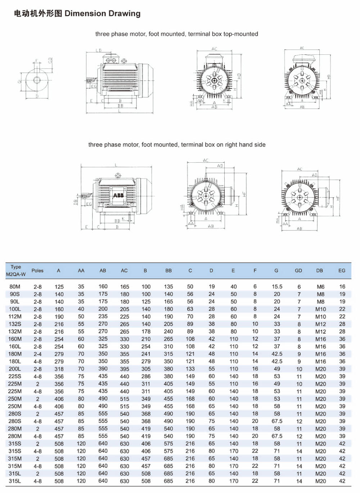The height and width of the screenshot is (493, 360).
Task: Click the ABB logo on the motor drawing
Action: click(118, 196)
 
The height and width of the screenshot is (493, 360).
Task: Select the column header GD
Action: click(298, 270)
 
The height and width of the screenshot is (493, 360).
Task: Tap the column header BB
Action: click(168, 270)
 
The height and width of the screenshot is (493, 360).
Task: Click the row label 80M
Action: click(15, 287)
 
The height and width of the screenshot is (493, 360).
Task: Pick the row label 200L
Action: click(15, 369)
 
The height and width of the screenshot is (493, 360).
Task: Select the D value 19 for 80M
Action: click(212, 287)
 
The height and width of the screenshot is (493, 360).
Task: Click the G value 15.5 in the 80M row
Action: click(277, 287)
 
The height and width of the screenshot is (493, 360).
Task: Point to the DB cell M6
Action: click(320, 287)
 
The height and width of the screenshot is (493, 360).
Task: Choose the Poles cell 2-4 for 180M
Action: click(37, 354)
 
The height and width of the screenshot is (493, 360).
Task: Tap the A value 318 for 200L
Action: click(59, 369)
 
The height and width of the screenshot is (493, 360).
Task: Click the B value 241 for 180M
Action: click(146, 354)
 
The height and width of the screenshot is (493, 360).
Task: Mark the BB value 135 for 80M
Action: click(168, 287)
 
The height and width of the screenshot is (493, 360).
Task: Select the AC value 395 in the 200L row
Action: click(125, 369)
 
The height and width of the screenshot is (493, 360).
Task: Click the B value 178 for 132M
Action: click(146, 332)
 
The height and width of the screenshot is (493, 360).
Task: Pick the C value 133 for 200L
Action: click(190, 369)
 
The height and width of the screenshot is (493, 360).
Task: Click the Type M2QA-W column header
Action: click(16, 270)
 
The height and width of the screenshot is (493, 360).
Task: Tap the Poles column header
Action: click(37, 270)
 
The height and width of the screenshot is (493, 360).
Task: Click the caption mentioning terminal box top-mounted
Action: click(176, 34)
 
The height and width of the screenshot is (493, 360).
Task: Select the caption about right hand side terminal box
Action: click(177, 144)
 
